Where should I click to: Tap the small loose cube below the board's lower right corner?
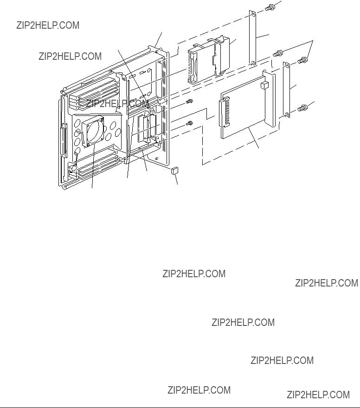[x=174, y=171]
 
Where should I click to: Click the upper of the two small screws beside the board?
[x=190, y=101]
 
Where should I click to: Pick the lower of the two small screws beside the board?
[x=190, y=122]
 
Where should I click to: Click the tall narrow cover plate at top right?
[x=252, y=38]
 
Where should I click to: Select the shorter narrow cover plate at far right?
[x=286, y=90]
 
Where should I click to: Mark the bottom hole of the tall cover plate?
[x=252, y=63]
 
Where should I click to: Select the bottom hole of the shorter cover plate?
[x=286, y=115]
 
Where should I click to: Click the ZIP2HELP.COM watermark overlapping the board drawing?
[x=117, y=103]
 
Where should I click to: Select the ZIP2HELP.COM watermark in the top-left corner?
[x=48, y=25]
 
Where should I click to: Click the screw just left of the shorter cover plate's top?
[x=278, y=53]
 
